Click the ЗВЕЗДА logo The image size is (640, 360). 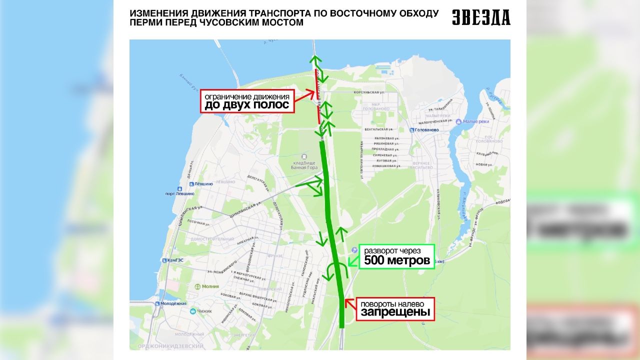pos(481,17)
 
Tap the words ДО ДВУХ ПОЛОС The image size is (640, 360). pos(246,105)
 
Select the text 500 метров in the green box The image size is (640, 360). pos(396,260)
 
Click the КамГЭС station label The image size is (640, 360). pos(172,260)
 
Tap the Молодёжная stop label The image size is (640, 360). pos(173,303)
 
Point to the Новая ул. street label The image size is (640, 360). pos(482,164)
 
